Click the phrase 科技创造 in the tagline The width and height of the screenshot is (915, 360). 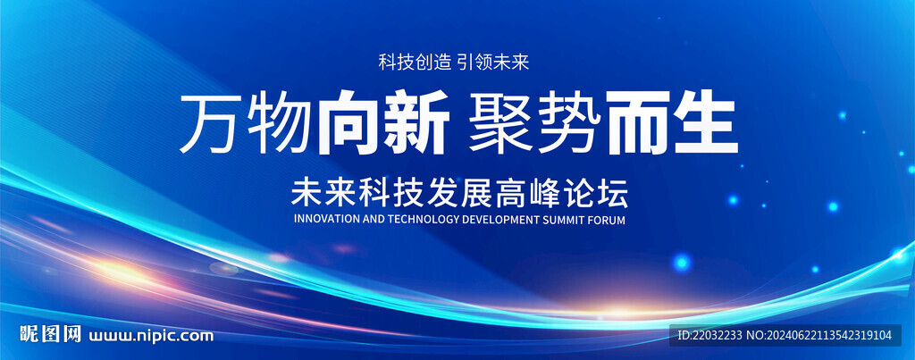pos(415,62)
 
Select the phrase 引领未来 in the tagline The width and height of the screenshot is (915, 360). pos(493,62)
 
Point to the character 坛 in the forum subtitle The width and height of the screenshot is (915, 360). pos(612,195)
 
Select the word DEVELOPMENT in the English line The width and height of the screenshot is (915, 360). pos(503,220)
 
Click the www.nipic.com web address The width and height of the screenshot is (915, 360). pos(150,336)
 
